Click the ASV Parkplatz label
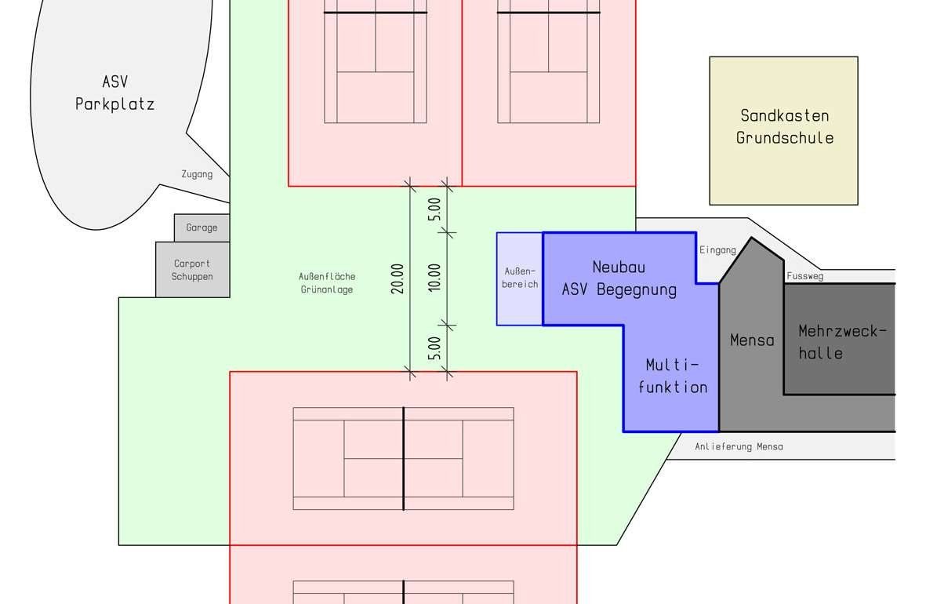(114, 93)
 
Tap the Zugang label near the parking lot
(197, 174)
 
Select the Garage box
(202, 227)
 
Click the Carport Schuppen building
(193, 270)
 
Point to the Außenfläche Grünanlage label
(327, 282)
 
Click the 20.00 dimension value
(398, 278)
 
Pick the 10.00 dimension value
(434, 278)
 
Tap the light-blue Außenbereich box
(520, 278)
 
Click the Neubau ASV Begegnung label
(619, 278)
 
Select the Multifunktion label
(673, 376)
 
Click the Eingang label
(717, 250)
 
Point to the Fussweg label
(805, 276)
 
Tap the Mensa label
(752, 340)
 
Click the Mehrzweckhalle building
(840, 339)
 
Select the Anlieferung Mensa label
(739, 447)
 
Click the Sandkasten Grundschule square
(783, 131)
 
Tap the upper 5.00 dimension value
(434, 209)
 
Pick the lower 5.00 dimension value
(434, 348)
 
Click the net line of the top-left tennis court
(376, 13)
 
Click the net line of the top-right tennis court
(549, 13)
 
